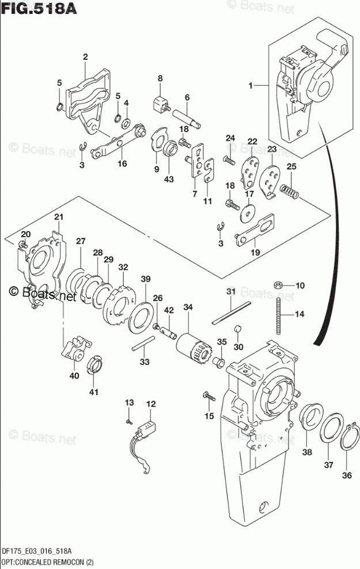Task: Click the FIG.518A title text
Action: pos(39,8)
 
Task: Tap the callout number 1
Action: pos(251,86)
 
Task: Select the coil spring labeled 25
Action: pos(290,190)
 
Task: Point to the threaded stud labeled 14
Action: pos(279,316)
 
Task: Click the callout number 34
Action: pos(188,308)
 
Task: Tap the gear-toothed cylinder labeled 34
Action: pos(192,348)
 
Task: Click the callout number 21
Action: pos(59,217)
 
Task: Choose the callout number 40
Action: pos(74,376)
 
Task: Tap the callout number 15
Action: pos(209,416)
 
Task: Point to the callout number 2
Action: pos(85,56)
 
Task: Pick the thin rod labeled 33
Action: pos(143,343)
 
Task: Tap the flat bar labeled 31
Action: pos(231,312)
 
